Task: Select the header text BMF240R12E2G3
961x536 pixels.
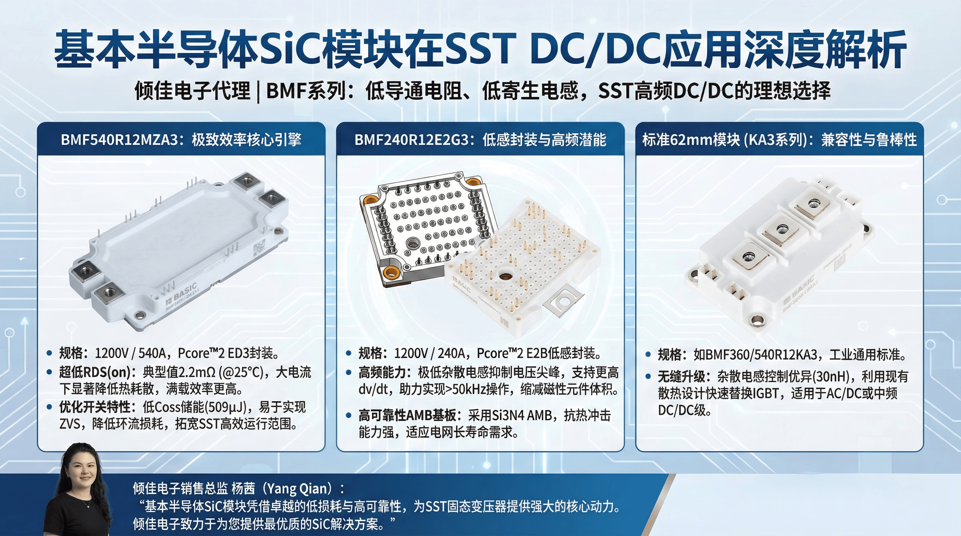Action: click(411, 140)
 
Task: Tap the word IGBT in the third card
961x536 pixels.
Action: click(765, 394)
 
